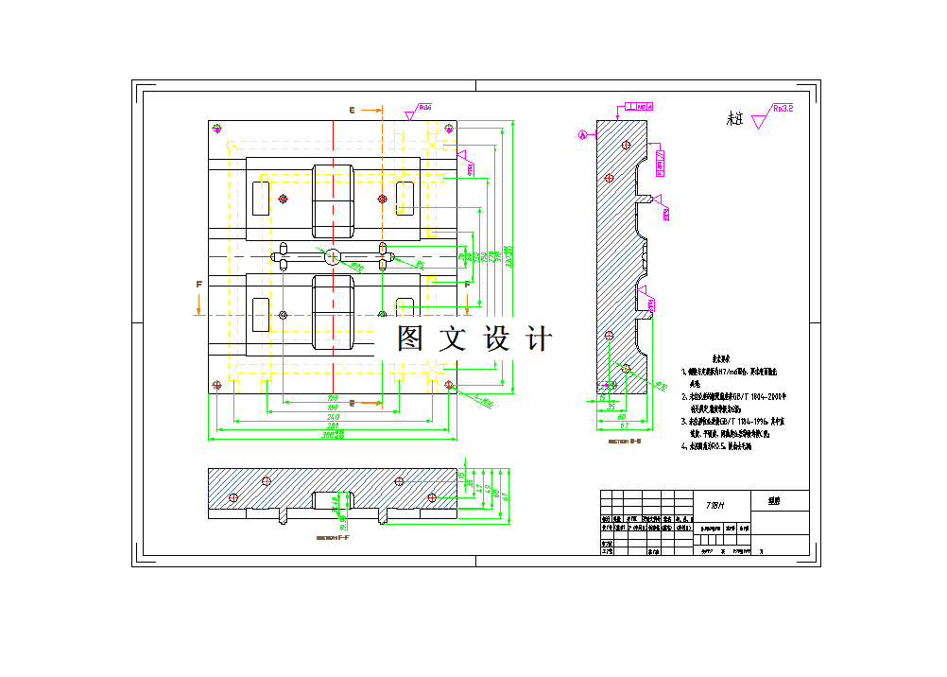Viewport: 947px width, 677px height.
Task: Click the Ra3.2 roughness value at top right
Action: click(782, 109)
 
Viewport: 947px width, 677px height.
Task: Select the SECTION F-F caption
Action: click(333, 537)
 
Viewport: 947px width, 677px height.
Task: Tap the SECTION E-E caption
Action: click(625, 441)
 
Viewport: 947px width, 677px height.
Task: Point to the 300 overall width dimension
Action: click(333, 435)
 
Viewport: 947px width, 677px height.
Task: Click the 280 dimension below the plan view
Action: click(333, 425)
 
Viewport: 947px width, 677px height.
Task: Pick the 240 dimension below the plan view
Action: click(333, 416)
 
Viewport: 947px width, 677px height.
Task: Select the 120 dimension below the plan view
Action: click(333, 397)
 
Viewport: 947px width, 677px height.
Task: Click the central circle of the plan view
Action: click(333, 256)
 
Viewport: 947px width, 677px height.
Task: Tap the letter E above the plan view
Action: click(352, 111)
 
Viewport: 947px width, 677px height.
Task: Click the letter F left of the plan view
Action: click(198, 284)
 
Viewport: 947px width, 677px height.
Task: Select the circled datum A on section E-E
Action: click(583, 135)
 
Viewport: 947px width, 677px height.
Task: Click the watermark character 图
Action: click(409, 338)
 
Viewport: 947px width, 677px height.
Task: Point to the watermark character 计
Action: click(539, 338)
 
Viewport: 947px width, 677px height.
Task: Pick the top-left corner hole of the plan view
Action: click(218, 128)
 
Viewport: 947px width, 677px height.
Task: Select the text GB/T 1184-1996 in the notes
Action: click(743, 421)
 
